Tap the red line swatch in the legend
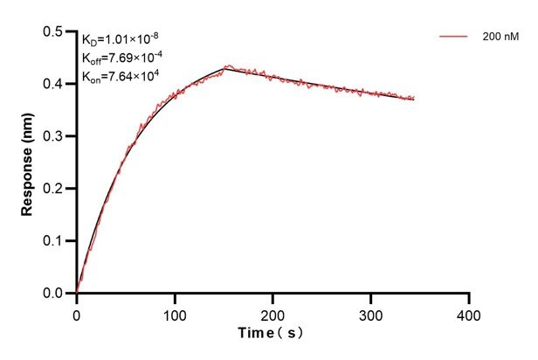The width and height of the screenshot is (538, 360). coord(453,38)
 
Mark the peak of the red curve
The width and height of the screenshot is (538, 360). coord(228,66)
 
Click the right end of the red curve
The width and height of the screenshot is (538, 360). coord(414,99)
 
